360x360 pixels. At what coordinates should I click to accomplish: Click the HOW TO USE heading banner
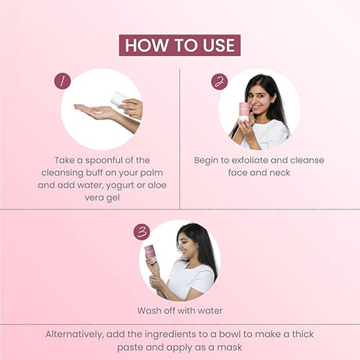[x=179, y=45]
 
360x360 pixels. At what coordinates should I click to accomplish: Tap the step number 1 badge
[x=62, y=81]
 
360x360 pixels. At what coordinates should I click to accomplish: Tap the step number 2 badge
[x=219, y=82]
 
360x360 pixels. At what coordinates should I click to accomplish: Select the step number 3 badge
[x=142, y=232]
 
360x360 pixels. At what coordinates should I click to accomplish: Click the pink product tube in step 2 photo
[x=244, y=111]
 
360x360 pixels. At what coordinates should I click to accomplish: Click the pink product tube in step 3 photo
[x=150, y=253]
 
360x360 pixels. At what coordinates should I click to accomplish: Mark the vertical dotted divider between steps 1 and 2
[x=180, y=140]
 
